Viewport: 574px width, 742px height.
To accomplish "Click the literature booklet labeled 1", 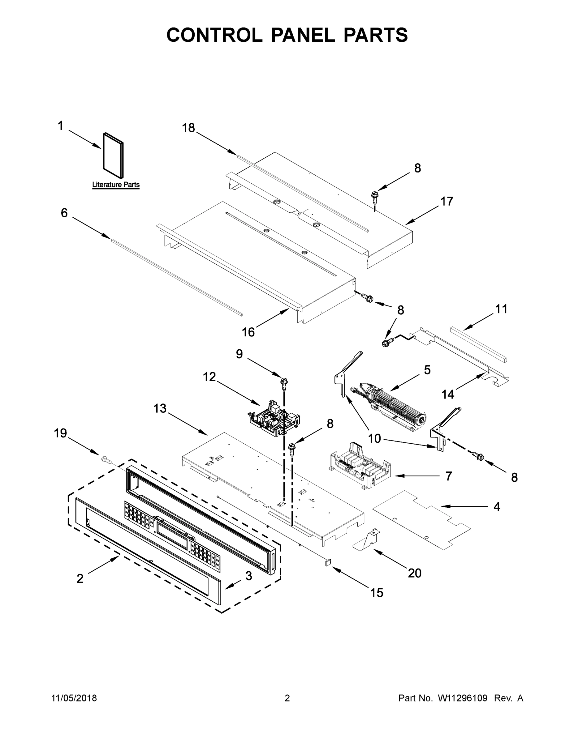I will pos(113,155).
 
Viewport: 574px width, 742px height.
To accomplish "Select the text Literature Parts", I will pos(116,185).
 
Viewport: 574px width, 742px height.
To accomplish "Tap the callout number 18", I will pos(188,128).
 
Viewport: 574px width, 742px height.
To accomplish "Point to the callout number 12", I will pos(209,377).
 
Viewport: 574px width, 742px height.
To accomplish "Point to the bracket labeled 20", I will pos(367,540).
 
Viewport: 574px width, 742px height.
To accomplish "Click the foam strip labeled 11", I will pos(479,344).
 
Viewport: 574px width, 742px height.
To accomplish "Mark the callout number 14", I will pos(448,394).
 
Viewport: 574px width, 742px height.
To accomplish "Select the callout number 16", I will pos(248,332).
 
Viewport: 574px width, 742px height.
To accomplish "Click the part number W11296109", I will pos(463,698).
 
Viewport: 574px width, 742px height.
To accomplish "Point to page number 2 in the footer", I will pos(287,698).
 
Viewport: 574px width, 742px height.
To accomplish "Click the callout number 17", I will pos(447,202).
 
